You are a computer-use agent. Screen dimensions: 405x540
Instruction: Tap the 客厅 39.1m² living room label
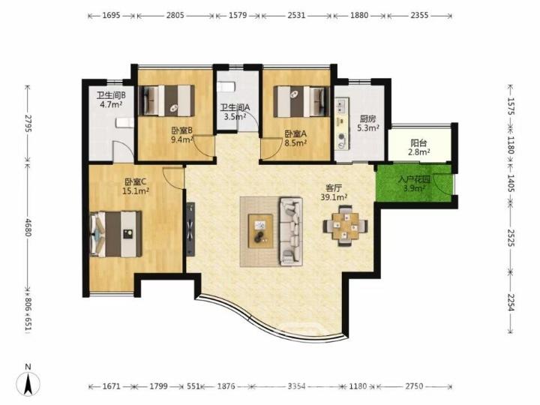pos(334,193)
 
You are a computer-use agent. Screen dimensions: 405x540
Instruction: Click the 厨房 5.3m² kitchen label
pos(367,123)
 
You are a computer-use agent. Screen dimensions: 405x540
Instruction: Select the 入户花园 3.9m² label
pos(414,184)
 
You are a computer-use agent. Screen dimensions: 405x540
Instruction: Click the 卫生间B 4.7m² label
pos(111,100)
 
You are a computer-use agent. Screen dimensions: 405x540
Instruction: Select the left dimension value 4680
pos(28,226)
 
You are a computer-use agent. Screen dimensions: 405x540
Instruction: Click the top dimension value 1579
pos(237,15)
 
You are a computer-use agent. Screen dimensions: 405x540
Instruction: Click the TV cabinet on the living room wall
pos(190,229)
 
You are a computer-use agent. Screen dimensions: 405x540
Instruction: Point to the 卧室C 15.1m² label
pos(136,186)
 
